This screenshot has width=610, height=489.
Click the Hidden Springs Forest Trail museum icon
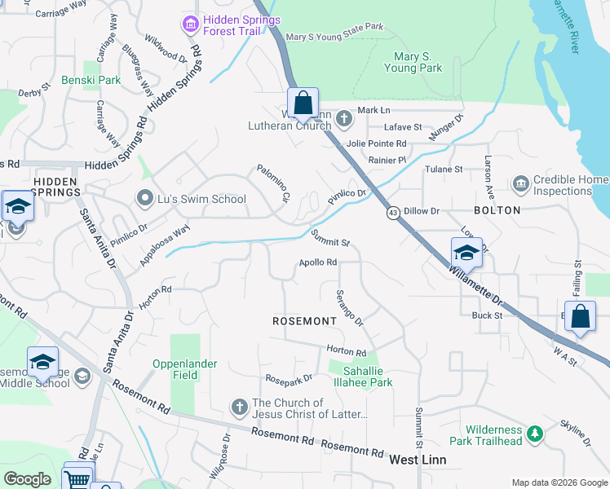click(191, 24)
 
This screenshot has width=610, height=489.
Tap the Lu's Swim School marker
click(145, 198)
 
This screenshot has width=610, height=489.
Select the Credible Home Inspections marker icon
click(521, 185)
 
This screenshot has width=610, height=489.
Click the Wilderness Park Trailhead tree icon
click(534, 435)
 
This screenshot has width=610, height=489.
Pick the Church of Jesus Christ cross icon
click(240, 407)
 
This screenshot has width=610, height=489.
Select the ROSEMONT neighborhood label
click(304, 321)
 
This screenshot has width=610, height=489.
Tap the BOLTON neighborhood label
click(497, 210)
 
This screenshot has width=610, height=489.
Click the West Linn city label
click(417, 460)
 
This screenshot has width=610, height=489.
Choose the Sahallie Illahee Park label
click(361, 376)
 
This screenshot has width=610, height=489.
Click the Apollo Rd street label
click(318, 262)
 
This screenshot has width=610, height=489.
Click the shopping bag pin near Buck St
click(579, 317)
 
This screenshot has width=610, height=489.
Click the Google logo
click(28, 479)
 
